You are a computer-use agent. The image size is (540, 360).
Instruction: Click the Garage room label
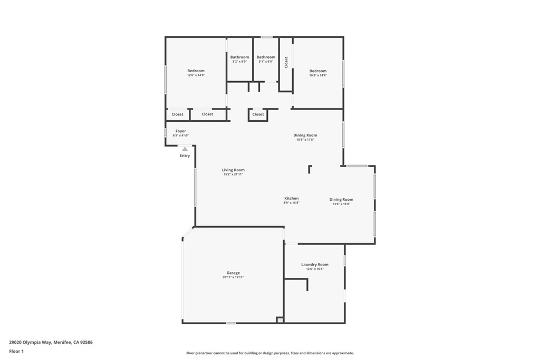coord(233,273)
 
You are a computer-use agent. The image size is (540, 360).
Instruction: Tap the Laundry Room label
coord(315,265)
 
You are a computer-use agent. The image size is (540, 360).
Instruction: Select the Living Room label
coord(233,170)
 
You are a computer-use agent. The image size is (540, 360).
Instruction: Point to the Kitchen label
coord(292,198)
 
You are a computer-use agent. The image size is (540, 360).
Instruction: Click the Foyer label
coord(181,131)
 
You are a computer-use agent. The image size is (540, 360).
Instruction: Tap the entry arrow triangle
coord(185,149)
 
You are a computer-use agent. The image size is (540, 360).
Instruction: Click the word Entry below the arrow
coord(185,155)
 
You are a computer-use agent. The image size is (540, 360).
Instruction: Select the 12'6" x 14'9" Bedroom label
coord(196,71)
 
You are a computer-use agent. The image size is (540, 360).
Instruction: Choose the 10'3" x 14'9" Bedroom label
coord(318,71)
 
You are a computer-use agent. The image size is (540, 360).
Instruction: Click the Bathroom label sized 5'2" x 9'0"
coord(239,57)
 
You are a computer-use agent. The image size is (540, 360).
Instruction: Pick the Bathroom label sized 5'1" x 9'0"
coord(266,57)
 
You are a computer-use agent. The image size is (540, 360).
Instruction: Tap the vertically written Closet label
coord(286,62)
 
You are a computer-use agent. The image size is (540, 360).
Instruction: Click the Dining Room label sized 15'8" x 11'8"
coord(305,135)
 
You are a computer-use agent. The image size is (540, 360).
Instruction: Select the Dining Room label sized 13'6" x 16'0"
coord(341,199)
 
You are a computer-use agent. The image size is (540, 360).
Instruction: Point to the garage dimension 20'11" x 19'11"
coord(233,277)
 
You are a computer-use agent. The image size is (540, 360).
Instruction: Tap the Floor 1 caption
coord(16,351)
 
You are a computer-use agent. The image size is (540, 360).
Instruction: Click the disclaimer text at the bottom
coord(269,353)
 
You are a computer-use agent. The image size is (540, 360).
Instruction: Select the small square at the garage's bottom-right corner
coord(280,319)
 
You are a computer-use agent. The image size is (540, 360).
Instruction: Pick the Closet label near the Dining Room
coord(258,114)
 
